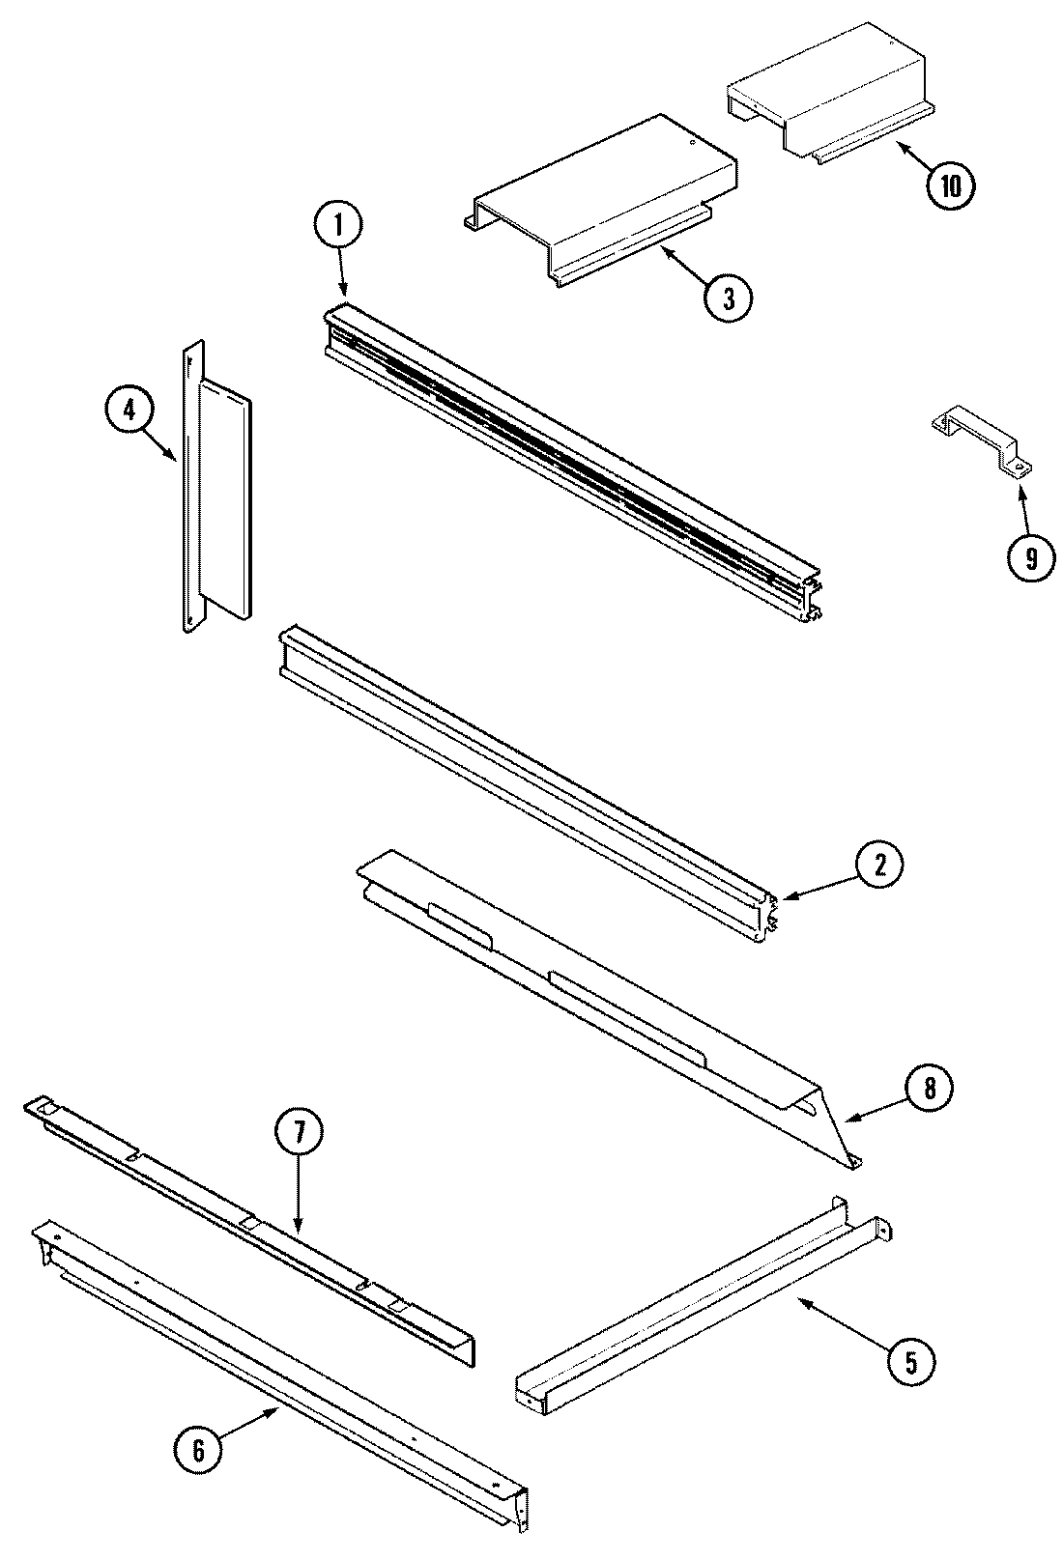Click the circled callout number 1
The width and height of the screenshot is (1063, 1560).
[337, 228]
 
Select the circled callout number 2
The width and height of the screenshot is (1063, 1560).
[878, 866]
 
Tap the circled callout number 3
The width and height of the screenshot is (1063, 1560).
[727, 299]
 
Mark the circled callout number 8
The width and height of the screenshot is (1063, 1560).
[928, 1089]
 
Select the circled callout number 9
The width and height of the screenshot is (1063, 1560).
[1029, 557]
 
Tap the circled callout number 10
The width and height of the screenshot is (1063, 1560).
[951, 187]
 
